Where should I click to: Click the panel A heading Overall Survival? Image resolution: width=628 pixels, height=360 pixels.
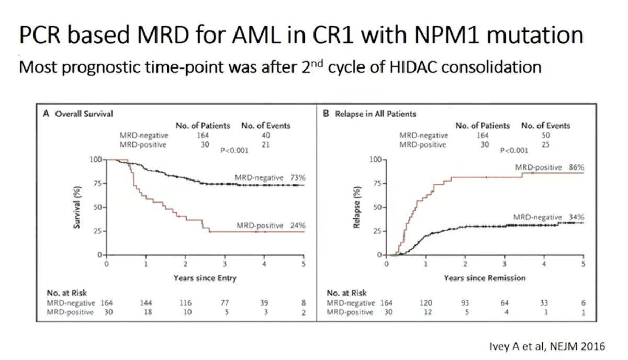[x=85, y=113]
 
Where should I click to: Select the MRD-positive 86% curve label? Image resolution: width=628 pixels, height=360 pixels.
[x=549, y=167]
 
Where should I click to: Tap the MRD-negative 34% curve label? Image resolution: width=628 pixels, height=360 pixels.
[x=548, y=217]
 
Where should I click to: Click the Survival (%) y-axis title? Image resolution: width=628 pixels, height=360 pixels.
[x=76, y=207]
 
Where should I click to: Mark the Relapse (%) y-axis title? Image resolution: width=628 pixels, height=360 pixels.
[x=357, y=207]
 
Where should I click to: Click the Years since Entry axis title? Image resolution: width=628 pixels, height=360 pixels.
[x=205, y=278]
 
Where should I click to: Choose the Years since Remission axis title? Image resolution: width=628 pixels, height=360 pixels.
[x=485, y=278]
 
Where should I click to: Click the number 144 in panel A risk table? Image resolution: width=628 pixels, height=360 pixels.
[x=146, y=303]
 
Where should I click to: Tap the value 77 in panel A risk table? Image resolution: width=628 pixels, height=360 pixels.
[x=225, y=303]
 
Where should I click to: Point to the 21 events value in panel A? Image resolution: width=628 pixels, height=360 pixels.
[x=266, y=144]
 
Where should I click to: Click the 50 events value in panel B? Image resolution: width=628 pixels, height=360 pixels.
[x=546, y=135]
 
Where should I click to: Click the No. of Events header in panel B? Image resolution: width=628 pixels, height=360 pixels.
[x=546, y=126]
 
